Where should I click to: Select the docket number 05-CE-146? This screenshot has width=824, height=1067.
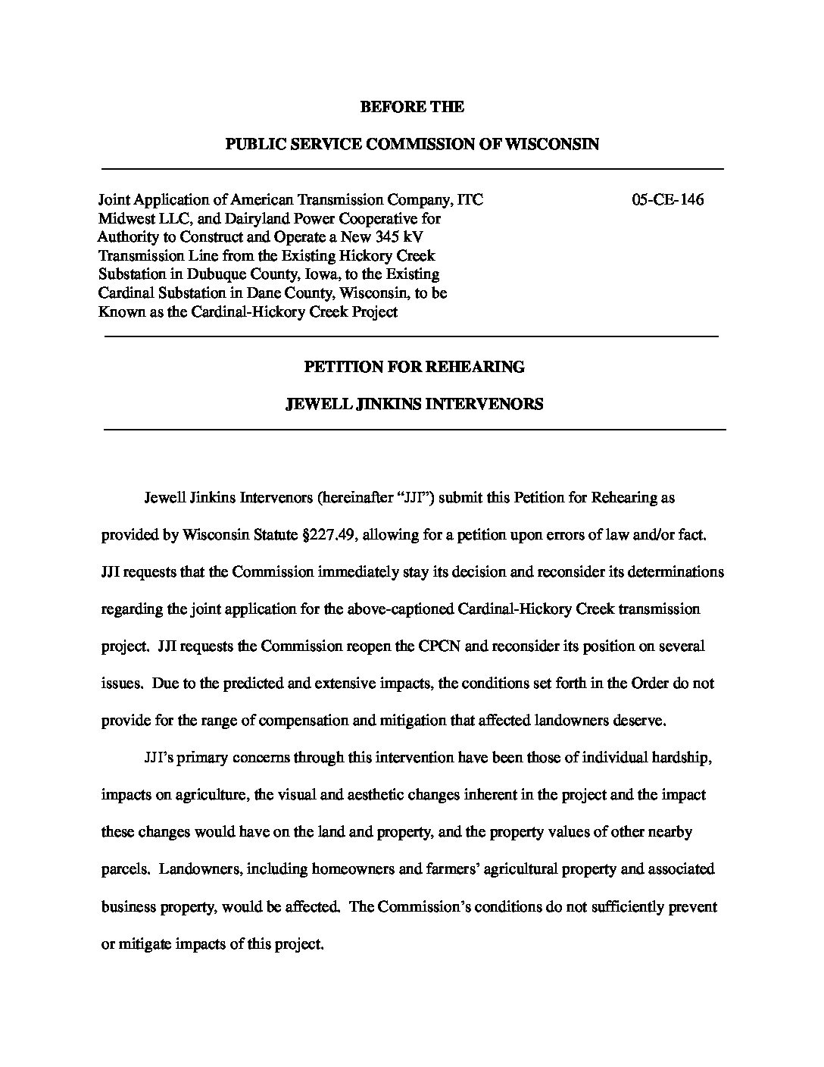pos(667,200)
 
